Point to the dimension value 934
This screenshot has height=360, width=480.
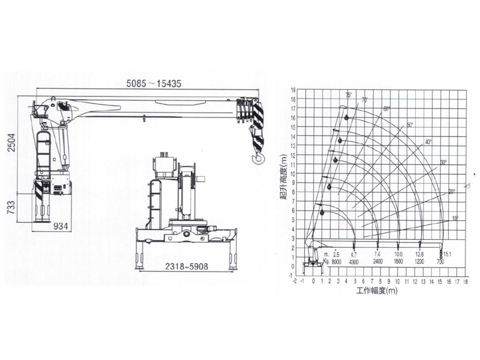click(x=60, y=226)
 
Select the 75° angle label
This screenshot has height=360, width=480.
click(x=348, y=95)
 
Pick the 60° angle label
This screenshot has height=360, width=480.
click(x=386, y=109)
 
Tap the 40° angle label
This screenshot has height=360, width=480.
click(x=428, y=142)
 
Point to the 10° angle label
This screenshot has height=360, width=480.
click(x=455, y=218)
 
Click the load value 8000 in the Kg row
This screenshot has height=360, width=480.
click(x=336, y=262)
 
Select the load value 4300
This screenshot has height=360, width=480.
click(x=354, y=262)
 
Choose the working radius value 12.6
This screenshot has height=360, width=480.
click(x=420, y=254)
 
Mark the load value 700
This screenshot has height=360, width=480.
click(x=440, y=262)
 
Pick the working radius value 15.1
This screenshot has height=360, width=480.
click(x=448, y=254)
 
